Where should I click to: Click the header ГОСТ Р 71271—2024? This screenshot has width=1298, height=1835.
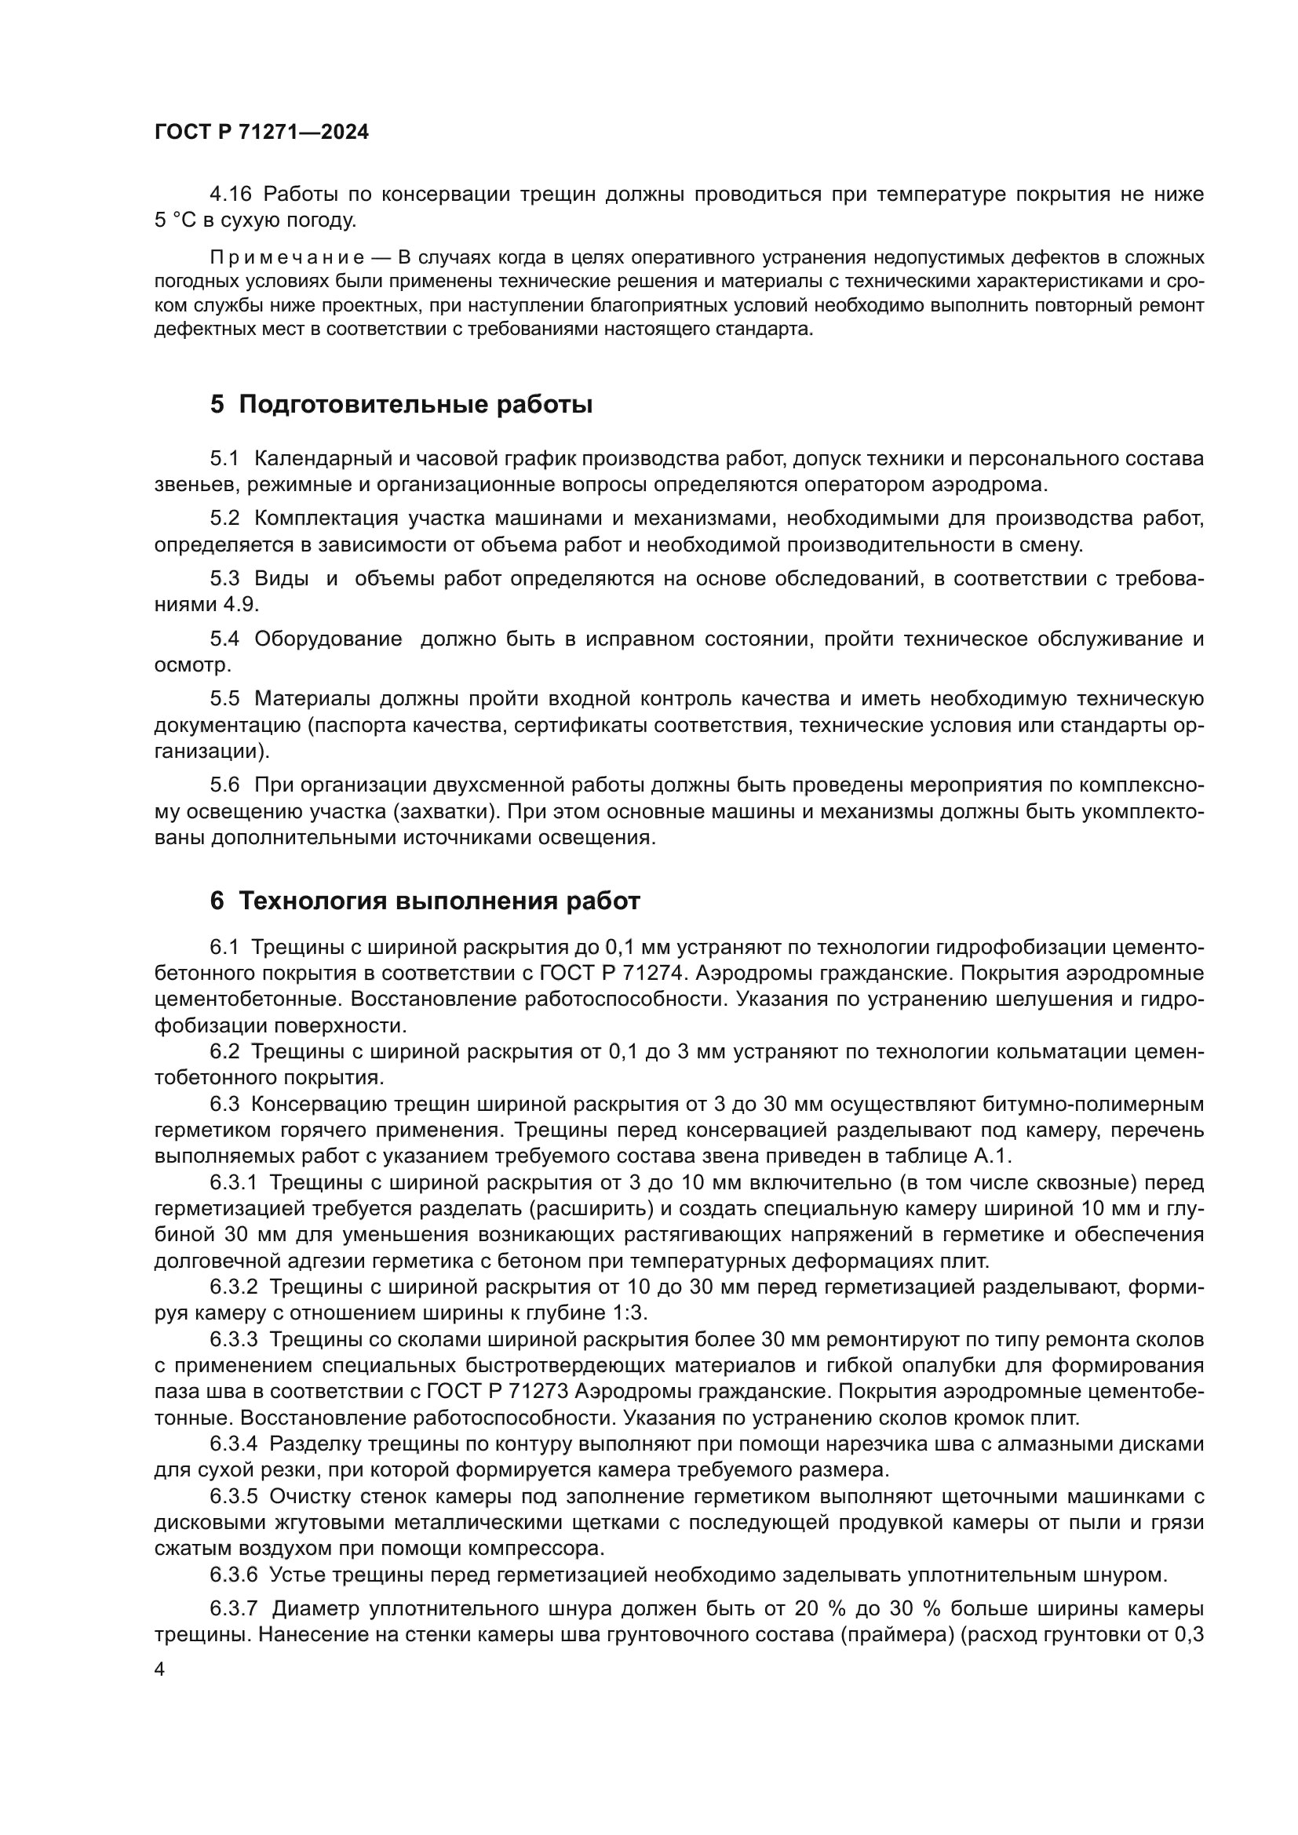click(x=261, y=133)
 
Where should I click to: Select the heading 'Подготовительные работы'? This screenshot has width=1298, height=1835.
click(x=416, y=405)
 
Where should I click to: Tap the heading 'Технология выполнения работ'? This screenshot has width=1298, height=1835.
click(x=439, y=901)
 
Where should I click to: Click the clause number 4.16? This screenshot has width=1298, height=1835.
click(x=230, y=195)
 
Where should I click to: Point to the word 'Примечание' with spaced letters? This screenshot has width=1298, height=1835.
click(x=287, y=257)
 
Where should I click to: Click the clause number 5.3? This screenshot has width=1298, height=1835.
click(x=224, y=579)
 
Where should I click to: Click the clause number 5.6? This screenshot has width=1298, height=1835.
click(x=224, y=785)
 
